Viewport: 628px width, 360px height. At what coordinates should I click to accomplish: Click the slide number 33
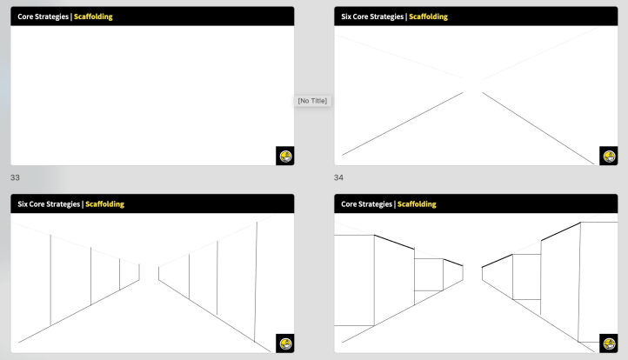[15, 177]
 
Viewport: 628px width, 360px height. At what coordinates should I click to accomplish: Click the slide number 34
[338, 177]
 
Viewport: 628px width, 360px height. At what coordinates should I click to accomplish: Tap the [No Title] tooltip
[312, 101]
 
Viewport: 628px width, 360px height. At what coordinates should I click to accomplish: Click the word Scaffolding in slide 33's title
[93, 17]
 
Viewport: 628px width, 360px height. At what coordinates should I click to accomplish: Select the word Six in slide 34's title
[345, 17]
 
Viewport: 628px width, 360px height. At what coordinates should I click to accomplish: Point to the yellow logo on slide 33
[285, 157]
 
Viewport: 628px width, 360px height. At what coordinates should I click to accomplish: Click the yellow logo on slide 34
[609, 157]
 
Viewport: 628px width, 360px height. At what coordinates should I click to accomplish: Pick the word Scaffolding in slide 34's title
[428, 17]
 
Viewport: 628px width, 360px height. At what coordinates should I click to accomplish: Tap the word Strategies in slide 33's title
[51, 17]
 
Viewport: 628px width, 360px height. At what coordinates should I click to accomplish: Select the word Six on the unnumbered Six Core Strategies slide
[22, 203]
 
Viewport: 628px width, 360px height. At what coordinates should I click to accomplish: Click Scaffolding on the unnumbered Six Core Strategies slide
[104, 203]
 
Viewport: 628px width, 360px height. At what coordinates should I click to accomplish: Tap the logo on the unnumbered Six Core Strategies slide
[285, 343]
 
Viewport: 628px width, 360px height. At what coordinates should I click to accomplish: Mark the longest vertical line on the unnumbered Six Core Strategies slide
[256, 282]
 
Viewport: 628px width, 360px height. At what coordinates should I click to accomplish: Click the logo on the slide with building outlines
[609, 343]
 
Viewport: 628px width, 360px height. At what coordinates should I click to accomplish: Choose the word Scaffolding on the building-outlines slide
[417, 203]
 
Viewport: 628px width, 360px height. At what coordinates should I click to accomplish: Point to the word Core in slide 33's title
[25, 17]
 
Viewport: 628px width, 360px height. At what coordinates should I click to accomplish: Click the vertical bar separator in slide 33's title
[71, 17]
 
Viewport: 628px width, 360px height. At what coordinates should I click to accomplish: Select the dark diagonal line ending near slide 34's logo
[538, 128]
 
